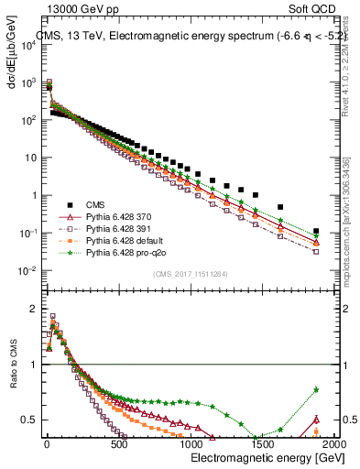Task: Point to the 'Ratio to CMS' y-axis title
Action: coord(12,377)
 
